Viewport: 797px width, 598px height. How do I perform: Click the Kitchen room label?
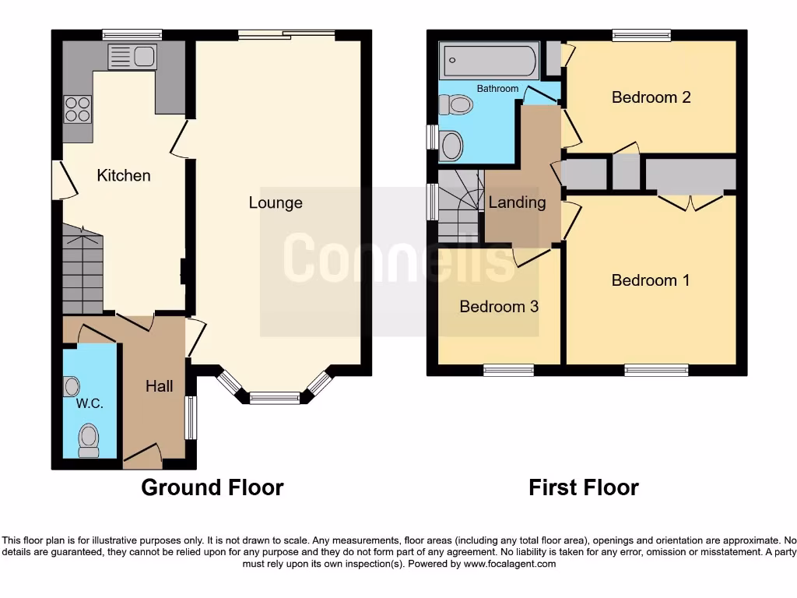124,175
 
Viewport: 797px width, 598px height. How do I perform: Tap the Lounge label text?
276,202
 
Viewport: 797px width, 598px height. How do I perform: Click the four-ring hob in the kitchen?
78,108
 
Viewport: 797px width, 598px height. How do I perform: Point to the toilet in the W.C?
90,439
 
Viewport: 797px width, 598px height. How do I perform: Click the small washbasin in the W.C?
72,385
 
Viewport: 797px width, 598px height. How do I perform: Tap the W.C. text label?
90,404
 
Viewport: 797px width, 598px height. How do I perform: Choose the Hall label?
159,386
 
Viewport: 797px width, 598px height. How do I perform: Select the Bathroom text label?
497,89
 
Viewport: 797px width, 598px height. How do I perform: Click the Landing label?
517,202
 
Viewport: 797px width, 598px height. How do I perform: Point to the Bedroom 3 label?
499,306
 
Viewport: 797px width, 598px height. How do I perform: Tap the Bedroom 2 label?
651,97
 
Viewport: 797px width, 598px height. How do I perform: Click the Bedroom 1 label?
651,280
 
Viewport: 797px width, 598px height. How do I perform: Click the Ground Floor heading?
212,488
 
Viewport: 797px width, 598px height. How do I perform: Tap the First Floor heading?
583,488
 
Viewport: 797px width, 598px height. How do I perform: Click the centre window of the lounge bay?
274,397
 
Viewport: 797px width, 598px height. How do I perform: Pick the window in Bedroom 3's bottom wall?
508,370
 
